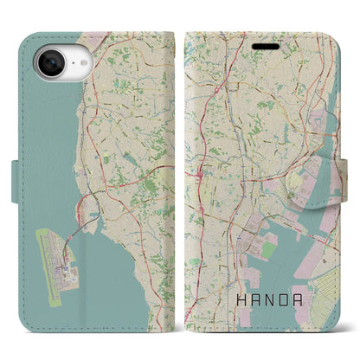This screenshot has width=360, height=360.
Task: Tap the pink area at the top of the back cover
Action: tap(95, 39)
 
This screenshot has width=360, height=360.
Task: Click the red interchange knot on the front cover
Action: tap(201, 152)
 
